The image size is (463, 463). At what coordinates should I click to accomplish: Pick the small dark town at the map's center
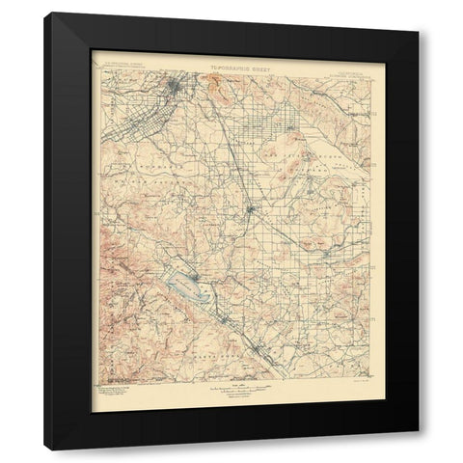pyautogui.click(x=250, y=208)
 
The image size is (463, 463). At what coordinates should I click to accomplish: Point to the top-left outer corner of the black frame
pyautogui.click(x=44, y=13)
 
